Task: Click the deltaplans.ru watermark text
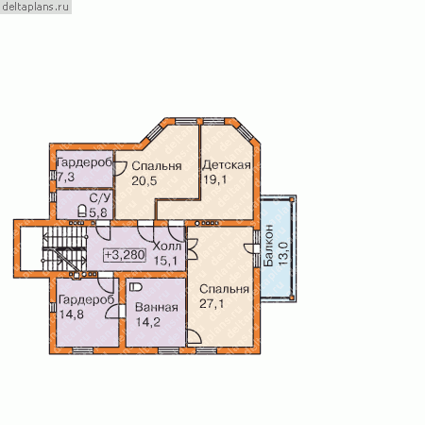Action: coord(36,7)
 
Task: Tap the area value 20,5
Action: coord(144,181)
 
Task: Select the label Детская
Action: coord(227,165)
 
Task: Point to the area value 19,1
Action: coord(215,179)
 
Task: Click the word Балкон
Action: coord(268,246)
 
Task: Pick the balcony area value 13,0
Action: coord(283,253)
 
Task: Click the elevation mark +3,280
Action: coord(125,255)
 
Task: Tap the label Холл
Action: coord(167,246)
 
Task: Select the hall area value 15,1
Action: coord(165,261)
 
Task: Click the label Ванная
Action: coord(157,307)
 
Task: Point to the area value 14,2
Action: coord(148,322)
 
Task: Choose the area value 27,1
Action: coord(212,304)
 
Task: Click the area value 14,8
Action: coord(72,314)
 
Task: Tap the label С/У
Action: coord(100,198)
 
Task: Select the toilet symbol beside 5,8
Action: coord(82,211)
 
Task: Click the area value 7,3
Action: coord(66,178)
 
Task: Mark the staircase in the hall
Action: coord(64,248)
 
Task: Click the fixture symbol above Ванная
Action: coord(136,287)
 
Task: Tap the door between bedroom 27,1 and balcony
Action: coord(251,248)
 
